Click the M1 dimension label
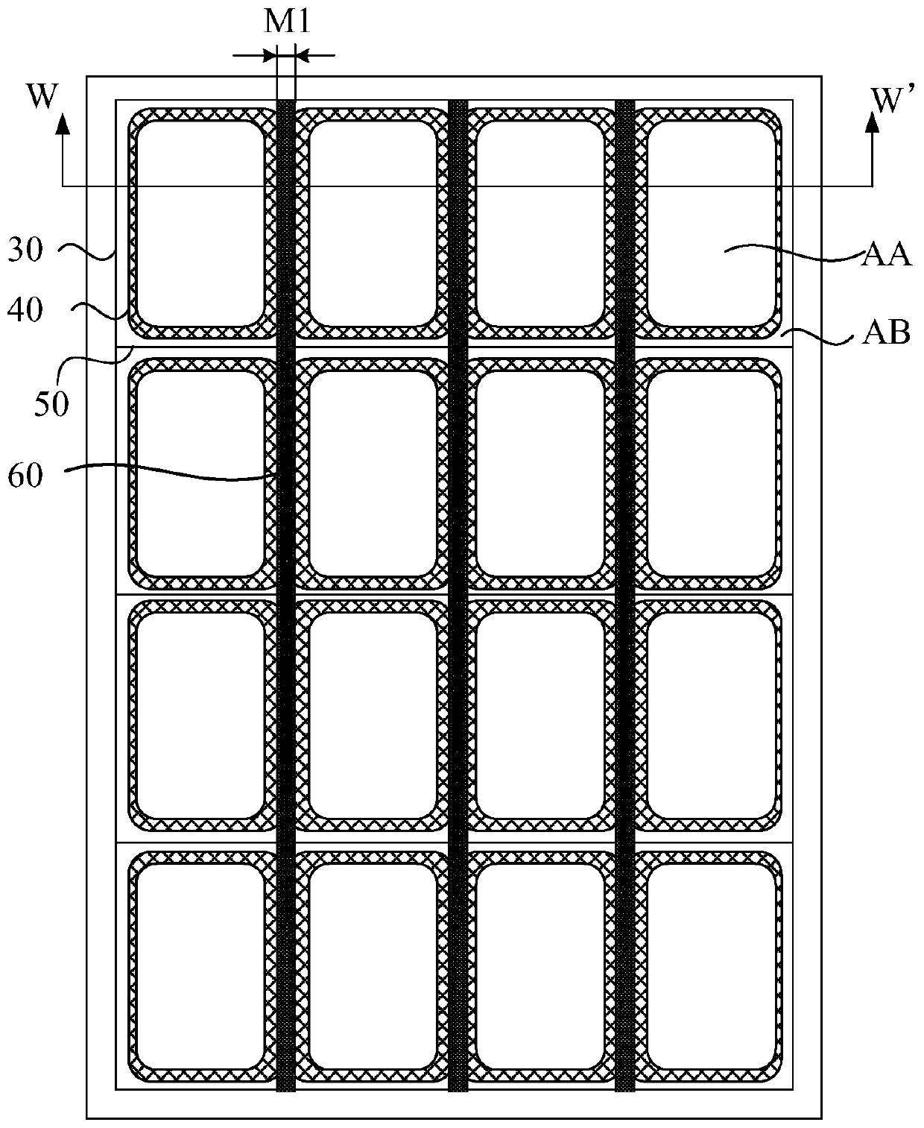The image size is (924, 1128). point(287,22)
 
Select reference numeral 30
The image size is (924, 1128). point(25,251)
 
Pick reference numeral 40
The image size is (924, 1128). point(26,310)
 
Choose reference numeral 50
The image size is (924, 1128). point(52,403)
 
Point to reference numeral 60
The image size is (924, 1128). point(25,475)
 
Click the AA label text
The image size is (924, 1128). point(887,256)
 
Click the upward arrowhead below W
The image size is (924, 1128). point(63,121)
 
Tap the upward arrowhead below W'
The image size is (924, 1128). point(870,121)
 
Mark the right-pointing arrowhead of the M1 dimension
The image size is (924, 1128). point(269,55)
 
